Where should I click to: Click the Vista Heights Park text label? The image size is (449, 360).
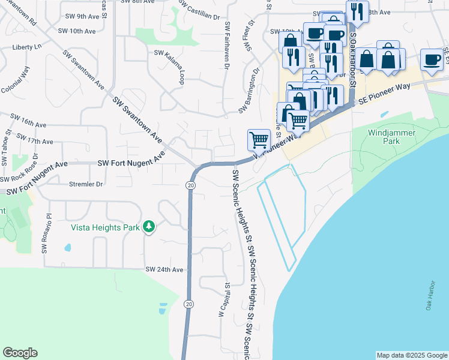pos(105,227)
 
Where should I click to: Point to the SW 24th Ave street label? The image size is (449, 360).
pos(164,270)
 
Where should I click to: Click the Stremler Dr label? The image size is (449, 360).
pos(86,184)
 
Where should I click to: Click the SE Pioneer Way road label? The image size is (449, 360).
pos(384,95)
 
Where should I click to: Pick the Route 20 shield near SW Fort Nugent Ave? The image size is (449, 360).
pos(190,186)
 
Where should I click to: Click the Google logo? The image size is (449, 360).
pos(20,353)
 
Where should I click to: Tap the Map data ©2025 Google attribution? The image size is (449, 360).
pos(411,355)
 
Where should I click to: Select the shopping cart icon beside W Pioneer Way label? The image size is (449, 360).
pos(259,139)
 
